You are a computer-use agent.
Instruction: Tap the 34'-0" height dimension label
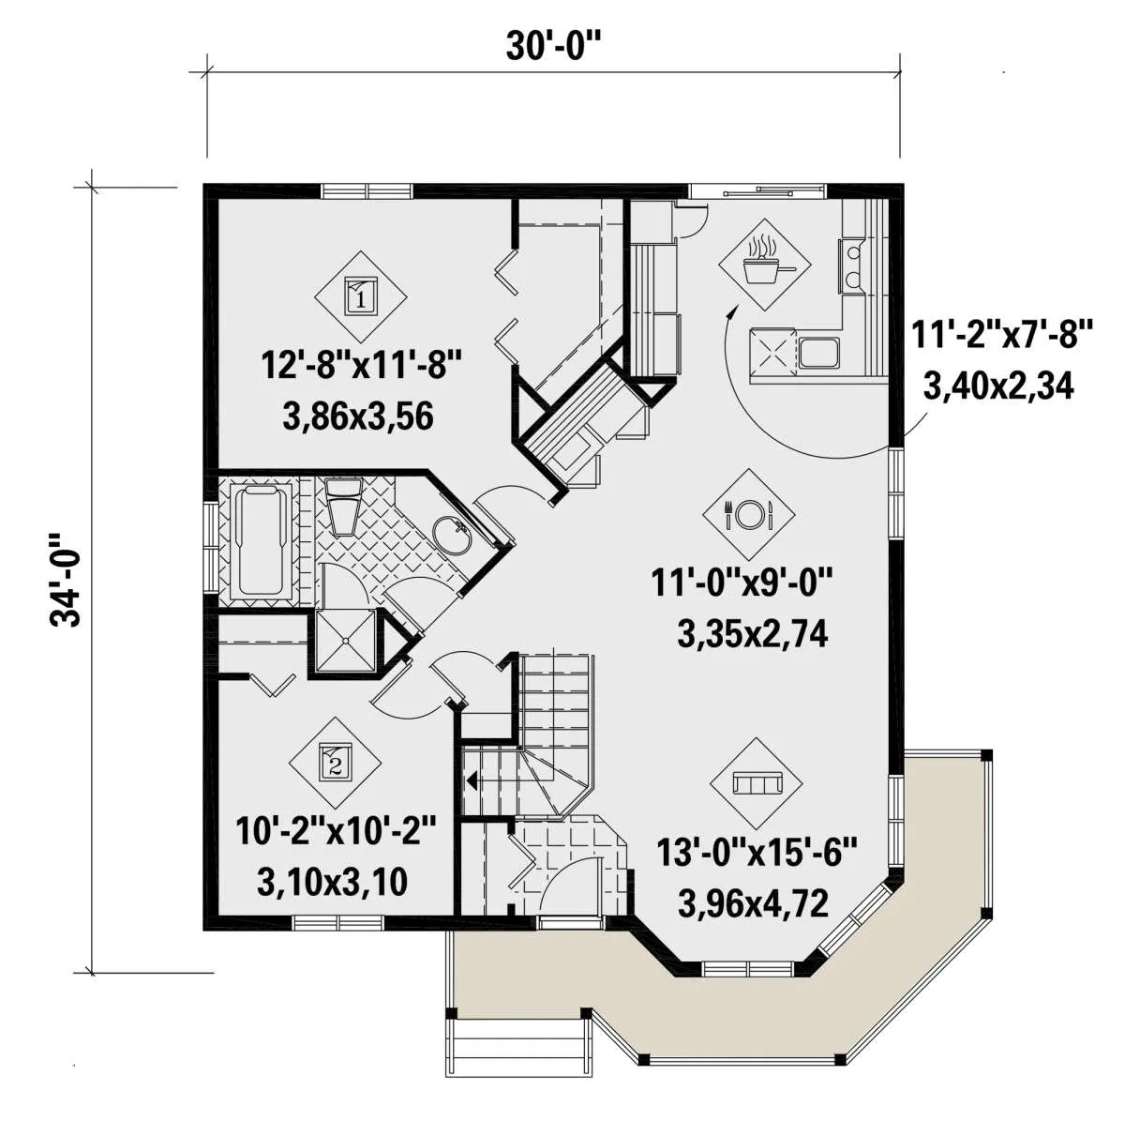pos(65,580)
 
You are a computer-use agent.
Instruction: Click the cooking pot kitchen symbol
pos(764,265)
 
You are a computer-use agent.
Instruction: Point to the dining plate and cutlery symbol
pos(749,515)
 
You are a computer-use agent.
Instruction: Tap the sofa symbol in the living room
pos(757,783)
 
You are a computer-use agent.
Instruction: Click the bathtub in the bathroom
pos(261,540)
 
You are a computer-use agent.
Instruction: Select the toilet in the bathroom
pos(343,506)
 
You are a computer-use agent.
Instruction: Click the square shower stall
pos(345,641)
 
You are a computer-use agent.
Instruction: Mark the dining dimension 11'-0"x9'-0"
pos(741,583)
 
